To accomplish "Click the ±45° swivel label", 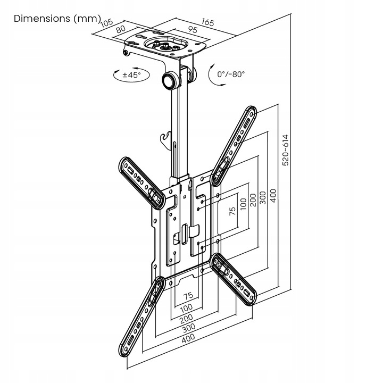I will (x=131, y=75).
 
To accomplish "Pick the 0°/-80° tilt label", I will (x=231, y=74).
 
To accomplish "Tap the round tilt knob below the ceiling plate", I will (x=170, y=81).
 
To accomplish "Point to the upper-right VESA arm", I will (x=235, y=145).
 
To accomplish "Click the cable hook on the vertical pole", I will (x=165, y=139).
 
